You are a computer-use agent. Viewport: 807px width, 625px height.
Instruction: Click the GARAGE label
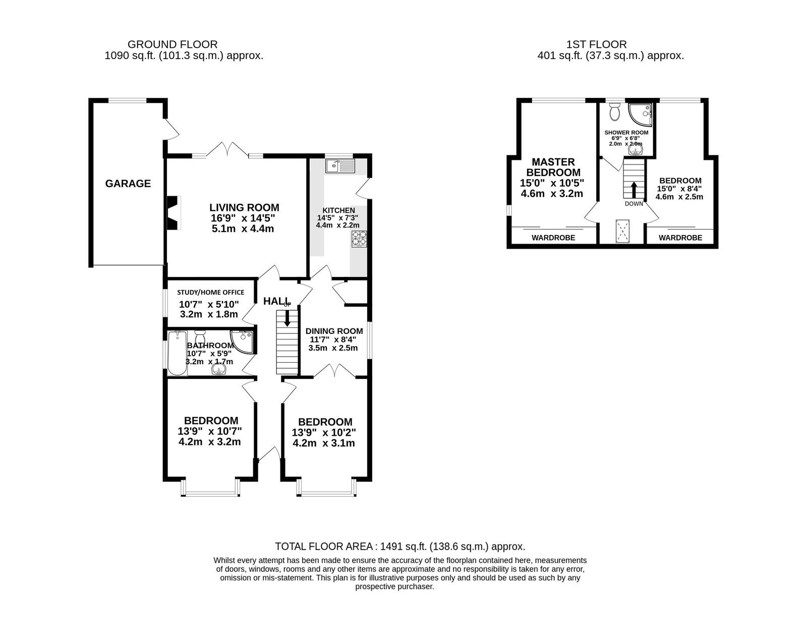[x=128, y=184]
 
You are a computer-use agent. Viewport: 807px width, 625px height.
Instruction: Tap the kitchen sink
[x=340, y=166]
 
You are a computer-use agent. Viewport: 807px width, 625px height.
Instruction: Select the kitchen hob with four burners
[x=359, y=239]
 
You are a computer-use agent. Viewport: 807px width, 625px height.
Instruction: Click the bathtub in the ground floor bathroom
[x=177, y=353]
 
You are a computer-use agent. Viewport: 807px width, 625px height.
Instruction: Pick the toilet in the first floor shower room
[x=615, y=111]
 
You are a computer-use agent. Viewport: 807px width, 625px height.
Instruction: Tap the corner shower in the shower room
[x=640, y=115]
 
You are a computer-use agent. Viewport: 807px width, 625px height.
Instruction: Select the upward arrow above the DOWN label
[x=633, y=189]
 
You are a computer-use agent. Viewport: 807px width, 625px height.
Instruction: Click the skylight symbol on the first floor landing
[x=622, y=231]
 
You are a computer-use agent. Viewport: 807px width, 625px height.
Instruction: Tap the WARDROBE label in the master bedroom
[x=553, y=238]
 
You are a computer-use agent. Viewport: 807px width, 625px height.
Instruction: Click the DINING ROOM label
[x=334, y=331]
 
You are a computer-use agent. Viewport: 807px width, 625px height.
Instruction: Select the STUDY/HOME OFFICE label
[x=210, y=292]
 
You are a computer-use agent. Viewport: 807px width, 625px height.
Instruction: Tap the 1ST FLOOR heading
[x=596, y=44]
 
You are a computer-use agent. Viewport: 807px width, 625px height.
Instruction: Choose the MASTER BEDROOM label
[x=553, y=167]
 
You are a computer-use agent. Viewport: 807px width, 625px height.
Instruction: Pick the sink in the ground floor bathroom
[x=219, y=369]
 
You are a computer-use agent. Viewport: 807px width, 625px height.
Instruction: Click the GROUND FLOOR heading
[x=172, y=44]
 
